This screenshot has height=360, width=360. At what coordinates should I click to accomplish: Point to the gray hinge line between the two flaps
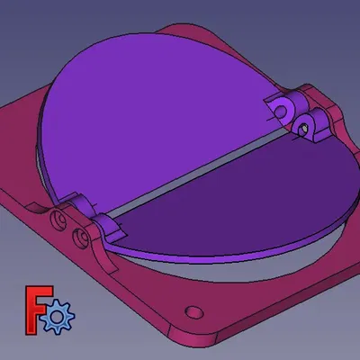198,175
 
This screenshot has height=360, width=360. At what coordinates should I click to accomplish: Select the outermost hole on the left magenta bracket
59,219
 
